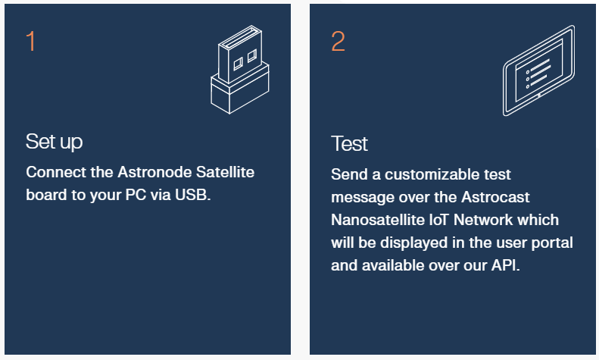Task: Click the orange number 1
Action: click(x=31, y=41)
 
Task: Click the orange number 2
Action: click(x=338, y=41)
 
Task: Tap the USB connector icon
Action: click(x=240, y=70)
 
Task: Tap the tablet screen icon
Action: click(x=538, y=70)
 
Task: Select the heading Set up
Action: click(x=55, y=142)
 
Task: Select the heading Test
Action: click(x=349, y=144)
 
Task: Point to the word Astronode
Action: click(x=154, y=172)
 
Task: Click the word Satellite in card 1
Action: click(x=225, y=172)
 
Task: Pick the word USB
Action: click(x=192, y=195)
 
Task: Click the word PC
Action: click(x=136, y=195)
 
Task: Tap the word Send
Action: click(x=350, y=174)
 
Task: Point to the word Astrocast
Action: click(x=495, y=197)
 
